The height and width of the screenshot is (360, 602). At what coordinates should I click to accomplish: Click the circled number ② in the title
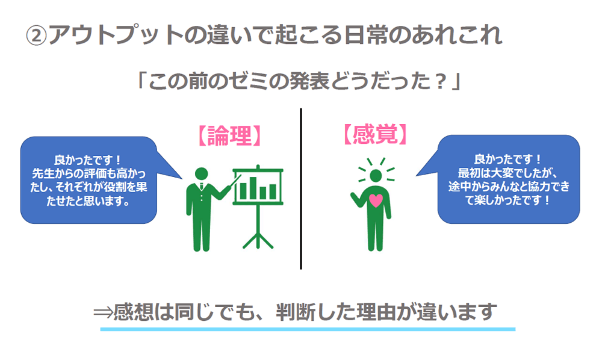click(36, 36)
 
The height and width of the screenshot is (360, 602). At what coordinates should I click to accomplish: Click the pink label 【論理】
click(230, 135)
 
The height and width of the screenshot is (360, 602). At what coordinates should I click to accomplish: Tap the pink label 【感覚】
click(375, 134)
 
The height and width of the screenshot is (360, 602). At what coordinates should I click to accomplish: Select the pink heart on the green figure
click(376, 200)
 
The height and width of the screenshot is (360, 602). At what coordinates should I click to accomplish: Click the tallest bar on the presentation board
click(253, 188)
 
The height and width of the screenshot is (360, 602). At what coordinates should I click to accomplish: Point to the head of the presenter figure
click(201, 173)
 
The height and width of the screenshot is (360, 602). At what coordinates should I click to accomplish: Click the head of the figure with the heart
click(376, 175)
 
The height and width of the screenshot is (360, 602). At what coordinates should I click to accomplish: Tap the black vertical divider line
click(300, 188)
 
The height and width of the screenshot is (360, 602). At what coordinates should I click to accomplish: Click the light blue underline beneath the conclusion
click(308, 329)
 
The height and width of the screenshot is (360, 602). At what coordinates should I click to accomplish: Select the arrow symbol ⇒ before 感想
click(103, 312)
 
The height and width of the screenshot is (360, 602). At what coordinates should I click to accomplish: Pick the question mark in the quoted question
click(441, 81)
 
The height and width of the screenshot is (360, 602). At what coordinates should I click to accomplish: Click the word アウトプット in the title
click(116, 36)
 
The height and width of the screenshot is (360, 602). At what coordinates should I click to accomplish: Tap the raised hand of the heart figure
click(353, 196)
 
